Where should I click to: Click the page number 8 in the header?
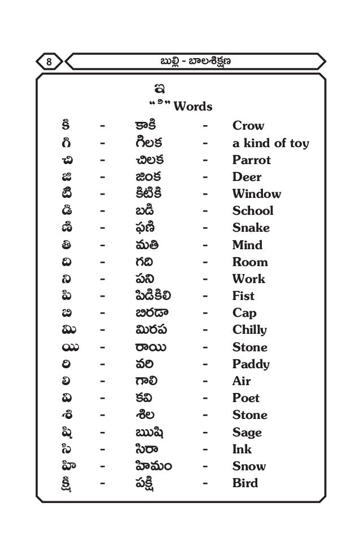pyautogui.click(x=49, y=60)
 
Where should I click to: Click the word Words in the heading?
pyautogui.click(x=193, y=106)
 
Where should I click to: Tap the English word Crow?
pyautogui.click(x=248, y=126)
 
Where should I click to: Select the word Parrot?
pyautogui.click(x=252, y=160)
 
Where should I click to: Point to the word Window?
pyautogui.click(x=257, y=194)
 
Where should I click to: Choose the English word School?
pyautogui.click(x=253, y=211)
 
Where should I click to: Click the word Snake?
pyautogui.click(x=251, y=228)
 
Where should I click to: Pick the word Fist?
pyautogui.click(x=243, y=295)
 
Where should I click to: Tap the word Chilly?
pyautogui.click(x=249, y=330)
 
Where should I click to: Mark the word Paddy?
pyautogui.click(x=251, y=364)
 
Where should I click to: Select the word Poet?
pyautogui.click(x=246, y=398)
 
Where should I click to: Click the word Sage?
pyautogui.click(x=247, y=433)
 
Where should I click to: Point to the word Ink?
pyautogui.click(x=242, y=449)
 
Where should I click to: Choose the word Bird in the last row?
pyautogui.click(x=245, y=483)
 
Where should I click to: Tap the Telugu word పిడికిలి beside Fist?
pyautogui.click(x=150, y=296)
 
